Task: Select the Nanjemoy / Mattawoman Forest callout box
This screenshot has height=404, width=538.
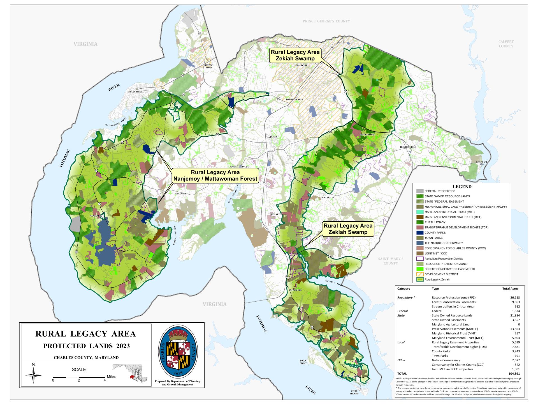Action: (x=215, y=175)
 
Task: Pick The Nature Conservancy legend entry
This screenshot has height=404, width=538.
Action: (x=444, y=243)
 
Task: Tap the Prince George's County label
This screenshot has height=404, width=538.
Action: (x=326, y=21)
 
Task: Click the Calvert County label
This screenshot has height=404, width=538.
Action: (x=506, y=44)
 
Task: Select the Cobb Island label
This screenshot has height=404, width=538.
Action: (x=354, y=392)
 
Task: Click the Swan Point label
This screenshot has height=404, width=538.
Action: (x=303, y=362)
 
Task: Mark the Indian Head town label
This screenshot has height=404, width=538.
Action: (x=135, y=92)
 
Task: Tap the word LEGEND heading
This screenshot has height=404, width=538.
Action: (x=462, y=187)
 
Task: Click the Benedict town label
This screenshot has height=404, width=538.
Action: (x=481, y=162)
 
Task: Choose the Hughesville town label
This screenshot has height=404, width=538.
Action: (x=408, y=147)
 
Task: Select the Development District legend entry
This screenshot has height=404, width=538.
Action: (x=441, y=274)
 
